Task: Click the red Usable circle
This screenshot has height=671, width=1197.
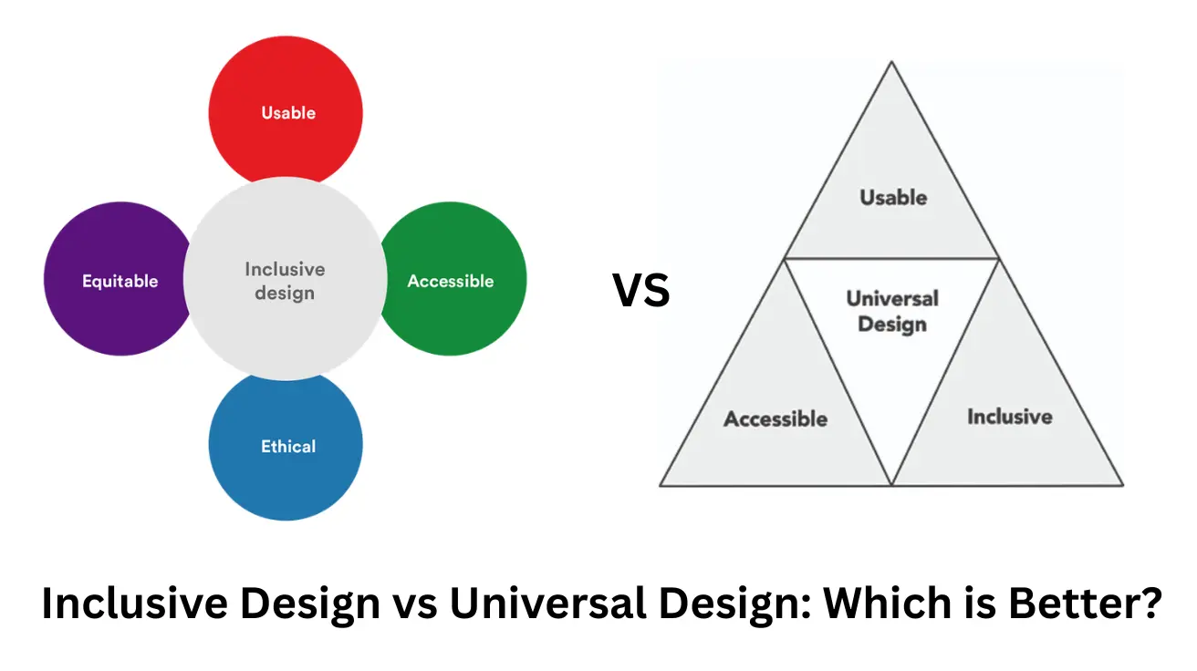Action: pos(286,100)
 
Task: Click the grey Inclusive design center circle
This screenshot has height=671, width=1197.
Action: pos(285,281)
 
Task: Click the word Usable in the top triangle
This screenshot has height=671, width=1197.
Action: pos(893,197)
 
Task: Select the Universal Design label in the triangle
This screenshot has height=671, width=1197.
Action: pos(892,311)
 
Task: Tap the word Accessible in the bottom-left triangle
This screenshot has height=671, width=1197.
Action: pos(775,418)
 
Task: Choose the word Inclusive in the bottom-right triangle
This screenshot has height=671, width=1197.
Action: pos(1009,417)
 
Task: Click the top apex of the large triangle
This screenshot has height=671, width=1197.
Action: pos(892,63)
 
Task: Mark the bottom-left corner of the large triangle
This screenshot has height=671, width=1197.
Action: pos(661,484)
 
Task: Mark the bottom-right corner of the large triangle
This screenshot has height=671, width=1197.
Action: pos(1122,484)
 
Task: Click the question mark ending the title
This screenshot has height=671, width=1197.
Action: pos(1151,604)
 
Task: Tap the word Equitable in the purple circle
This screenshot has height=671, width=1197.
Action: pos(120,281)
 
